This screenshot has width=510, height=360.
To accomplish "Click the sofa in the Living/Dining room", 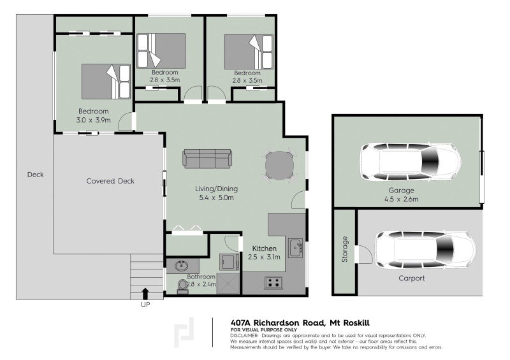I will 207,159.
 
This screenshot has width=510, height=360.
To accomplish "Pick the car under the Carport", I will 425,249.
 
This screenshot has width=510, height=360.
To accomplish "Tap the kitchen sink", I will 295,247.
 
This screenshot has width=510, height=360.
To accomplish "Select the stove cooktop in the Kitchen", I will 273,282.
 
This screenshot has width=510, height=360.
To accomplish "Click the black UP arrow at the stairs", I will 145,292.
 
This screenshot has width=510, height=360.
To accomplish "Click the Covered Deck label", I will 110,181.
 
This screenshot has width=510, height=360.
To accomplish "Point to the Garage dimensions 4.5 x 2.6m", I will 402,199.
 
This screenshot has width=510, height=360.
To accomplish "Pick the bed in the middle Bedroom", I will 162,50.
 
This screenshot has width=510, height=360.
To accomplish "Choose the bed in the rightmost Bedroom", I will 249,50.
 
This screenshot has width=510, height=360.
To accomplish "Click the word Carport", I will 411,278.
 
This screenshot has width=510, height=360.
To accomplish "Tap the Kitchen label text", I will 263,248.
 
